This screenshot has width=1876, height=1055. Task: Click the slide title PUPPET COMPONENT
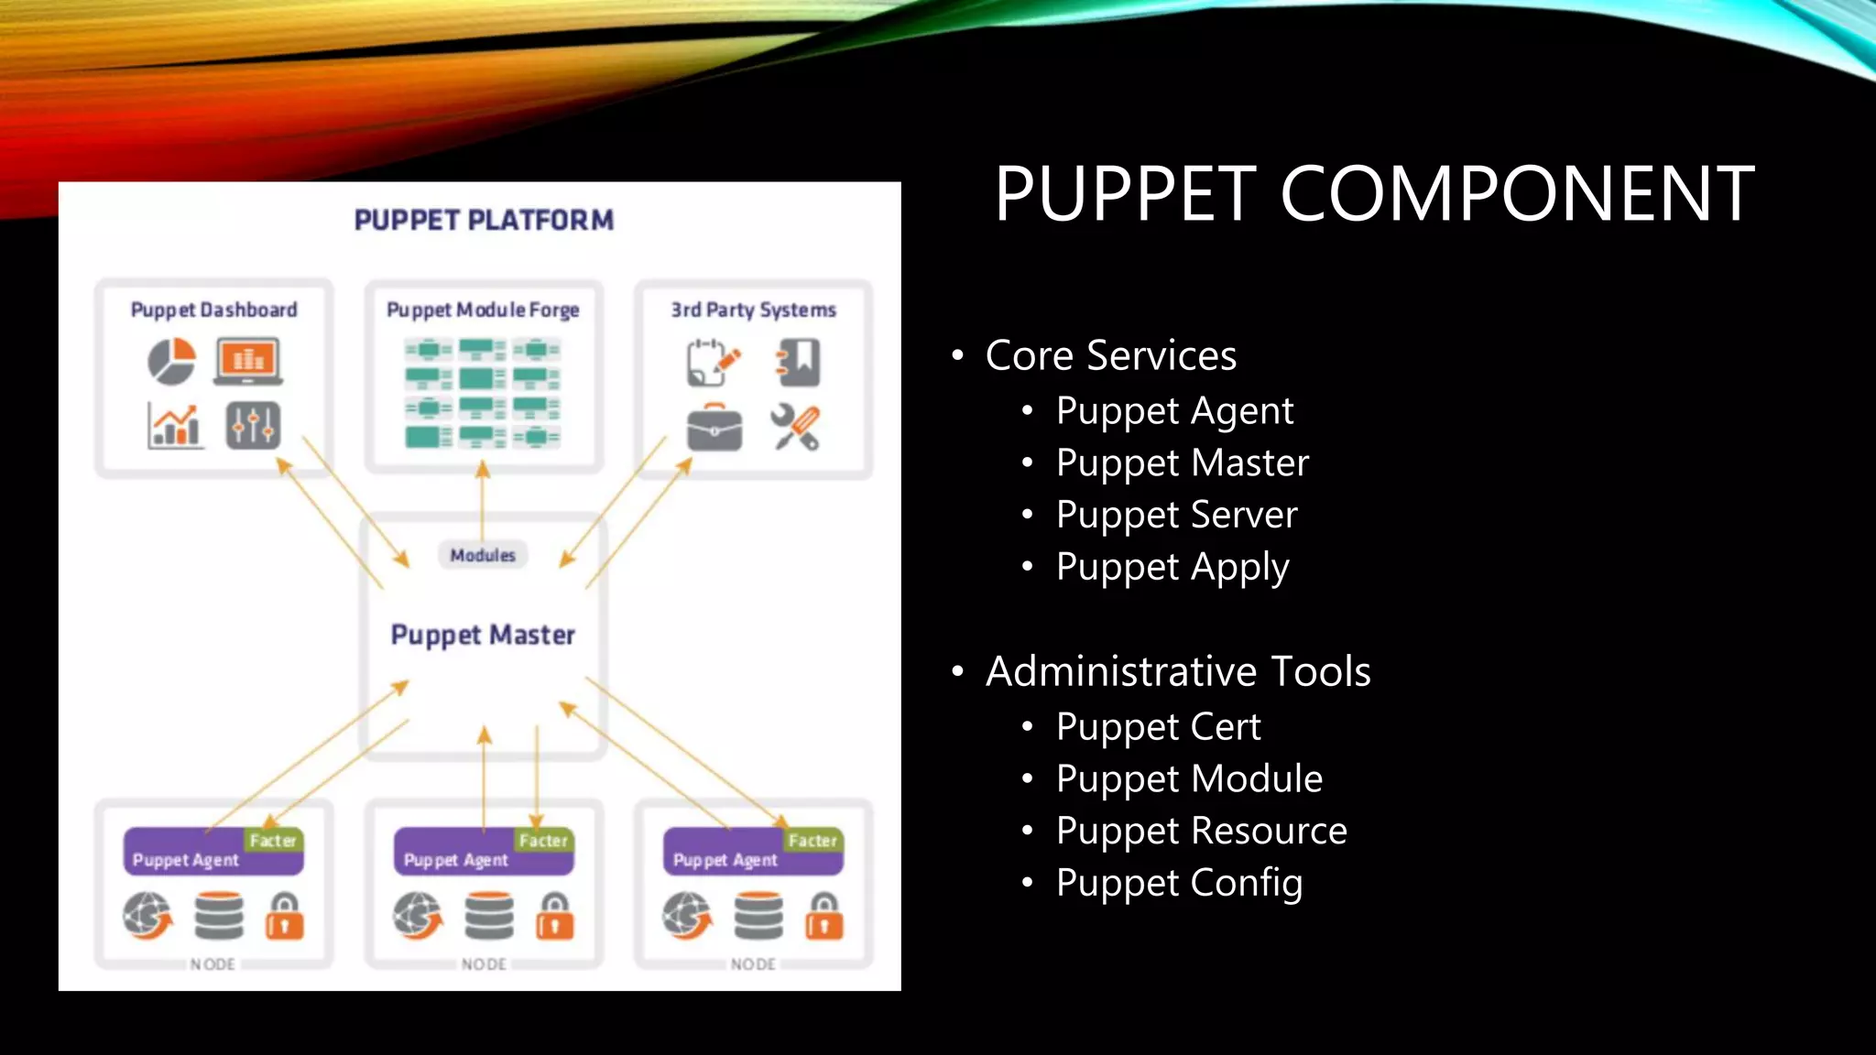coord(1374,194)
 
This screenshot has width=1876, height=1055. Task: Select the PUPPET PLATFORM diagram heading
coord(484,221)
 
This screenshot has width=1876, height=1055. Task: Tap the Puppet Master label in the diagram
coord(483,635)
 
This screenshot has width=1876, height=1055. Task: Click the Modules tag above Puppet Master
coord(483,555)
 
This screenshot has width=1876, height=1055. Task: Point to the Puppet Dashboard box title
coord(213,310)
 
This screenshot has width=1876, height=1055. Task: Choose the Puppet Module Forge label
coord(483,310)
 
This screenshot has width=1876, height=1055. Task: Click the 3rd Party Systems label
coord(753,310)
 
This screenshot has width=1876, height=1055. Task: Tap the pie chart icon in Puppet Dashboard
coord(172,361)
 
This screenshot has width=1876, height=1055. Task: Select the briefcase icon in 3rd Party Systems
coord(714,428)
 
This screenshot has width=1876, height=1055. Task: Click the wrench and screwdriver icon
coord(795,427)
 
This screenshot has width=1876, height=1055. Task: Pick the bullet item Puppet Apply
coord(1172,567)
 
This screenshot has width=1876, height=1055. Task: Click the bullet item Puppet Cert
coord(1158,727)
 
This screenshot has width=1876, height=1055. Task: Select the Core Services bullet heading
coord(1110,355)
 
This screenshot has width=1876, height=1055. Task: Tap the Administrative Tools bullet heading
coord(1177,671)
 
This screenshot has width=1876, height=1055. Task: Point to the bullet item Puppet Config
coord(1179,883)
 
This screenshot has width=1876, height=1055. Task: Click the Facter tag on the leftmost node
coord(273,840)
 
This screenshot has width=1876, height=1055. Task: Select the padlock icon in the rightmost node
coord(824,917)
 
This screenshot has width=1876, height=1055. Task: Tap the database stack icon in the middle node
coord(489,917)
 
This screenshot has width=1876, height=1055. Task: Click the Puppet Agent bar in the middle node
coord(456,860)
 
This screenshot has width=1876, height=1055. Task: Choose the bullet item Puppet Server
coord(1176,515)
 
